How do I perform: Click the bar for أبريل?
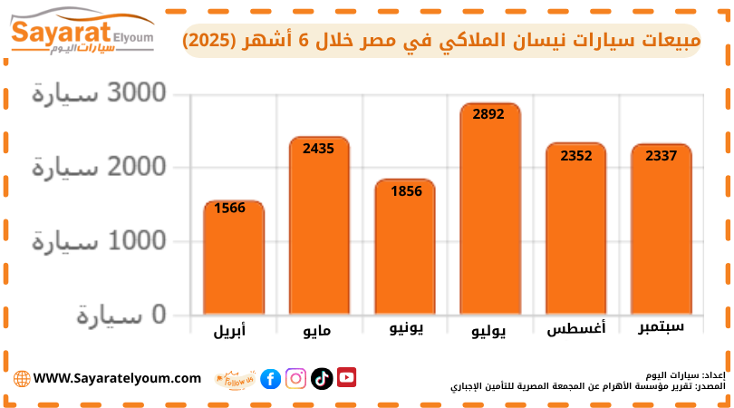tap(233, 258)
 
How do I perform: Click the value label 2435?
tap(319, 148)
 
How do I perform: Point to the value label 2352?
tap(575, 155)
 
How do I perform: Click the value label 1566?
tap(230, 208)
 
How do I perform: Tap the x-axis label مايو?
tap(317, 331)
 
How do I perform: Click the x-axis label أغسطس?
tap(576, 329)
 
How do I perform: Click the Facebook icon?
tap(270, 379)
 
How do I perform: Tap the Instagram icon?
tap(295, 379)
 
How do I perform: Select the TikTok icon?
tap(321, 379)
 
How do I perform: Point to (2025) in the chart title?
tap(216, 42)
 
